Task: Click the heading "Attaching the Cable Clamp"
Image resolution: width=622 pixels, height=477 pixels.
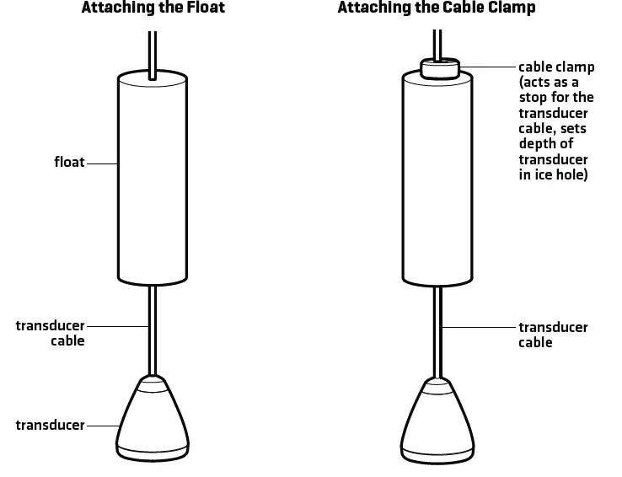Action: click(x=437, y=8)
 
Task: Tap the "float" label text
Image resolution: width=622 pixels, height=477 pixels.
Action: click(x=69, y=161)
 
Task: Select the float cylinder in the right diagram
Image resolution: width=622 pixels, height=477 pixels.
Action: click(x=437, y=181)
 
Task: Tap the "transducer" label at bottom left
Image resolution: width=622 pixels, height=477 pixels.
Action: click(x=51, y=426)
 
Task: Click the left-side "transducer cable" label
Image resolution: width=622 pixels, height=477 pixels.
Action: click(x=51, y=333)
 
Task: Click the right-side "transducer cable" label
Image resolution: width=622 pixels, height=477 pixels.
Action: click(x=553, y=335)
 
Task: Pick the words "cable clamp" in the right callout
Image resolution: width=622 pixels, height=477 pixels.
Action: click(x=556, y=67)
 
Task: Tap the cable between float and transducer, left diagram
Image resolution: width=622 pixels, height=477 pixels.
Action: click(x=152, y=329)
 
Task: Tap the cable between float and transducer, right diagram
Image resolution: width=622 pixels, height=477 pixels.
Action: click(x=437, y=329)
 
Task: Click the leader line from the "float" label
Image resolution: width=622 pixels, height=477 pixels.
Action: click(x=100, y=162)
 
